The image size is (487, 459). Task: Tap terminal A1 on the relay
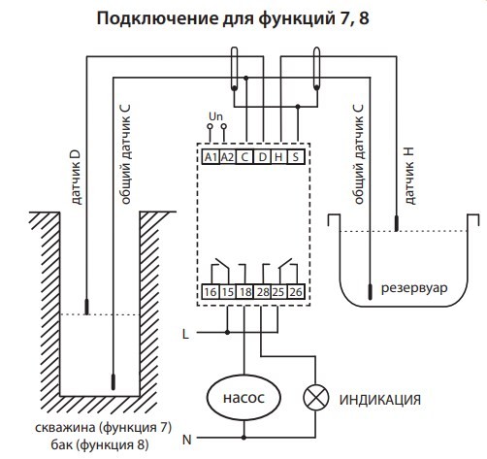coord(211,156)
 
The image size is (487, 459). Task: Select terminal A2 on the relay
coord(227,156)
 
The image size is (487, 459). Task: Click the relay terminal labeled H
coord(278,156)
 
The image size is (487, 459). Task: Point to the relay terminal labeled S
coord(295,156)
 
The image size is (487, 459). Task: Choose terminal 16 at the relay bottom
coord(211,290)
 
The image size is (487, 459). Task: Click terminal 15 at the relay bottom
coord(227,290)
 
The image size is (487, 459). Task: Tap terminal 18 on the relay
coord(244,290)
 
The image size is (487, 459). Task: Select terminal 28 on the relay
coord(262,290)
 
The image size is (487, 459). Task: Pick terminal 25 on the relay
coord(278,290)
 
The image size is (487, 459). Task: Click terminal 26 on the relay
coord(295,290)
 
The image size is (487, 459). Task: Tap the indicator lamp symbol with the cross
coord(313,397)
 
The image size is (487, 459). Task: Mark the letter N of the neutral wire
coord(186,440)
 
